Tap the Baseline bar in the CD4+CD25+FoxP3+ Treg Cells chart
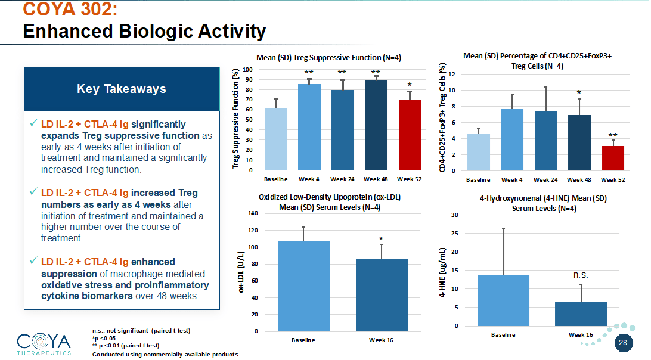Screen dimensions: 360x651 [478, 153]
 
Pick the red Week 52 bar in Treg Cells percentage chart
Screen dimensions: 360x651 [613, 159]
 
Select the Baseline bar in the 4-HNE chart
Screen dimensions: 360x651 [503, 300]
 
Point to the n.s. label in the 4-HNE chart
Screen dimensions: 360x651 [581, 275]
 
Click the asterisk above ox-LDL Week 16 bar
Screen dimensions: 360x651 [381, 240]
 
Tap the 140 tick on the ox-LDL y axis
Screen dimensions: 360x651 [253, 213]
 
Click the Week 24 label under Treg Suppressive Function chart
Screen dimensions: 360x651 [342, 179]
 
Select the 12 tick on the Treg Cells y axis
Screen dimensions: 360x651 [452, 75]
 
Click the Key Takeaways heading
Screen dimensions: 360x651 [122, 89]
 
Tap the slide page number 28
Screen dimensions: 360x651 [623, 343]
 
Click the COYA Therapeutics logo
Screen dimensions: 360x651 [44, 344]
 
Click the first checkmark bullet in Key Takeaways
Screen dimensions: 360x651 [33, 124]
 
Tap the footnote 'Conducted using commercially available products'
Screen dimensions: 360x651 [165, 355]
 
